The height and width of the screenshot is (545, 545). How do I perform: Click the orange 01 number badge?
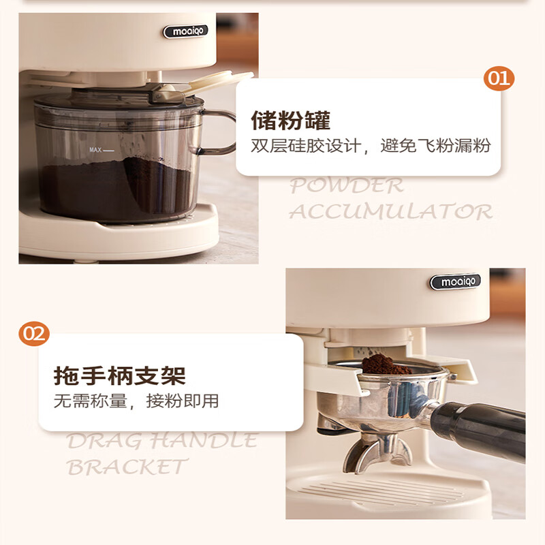[499, 78]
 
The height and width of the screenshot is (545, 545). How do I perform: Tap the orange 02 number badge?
[33, 334]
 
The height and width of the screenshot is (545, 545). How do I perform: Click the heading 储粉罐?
[290, 121]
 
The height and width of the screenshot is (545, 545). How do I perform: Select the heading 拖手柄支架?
[119, 375]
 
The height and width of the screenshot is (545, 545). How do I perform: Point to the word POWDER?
[347, 185]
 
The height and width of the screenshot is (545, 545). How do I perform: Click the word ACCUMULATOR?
[390, 211]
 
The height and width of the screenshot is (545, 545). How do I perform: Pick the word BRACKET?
[127, 467]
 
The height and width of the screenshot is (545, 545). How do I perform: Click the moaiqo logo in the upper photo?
[185, 31]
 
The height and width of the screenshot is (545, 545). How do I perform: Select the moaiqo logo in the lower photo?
[454, 281]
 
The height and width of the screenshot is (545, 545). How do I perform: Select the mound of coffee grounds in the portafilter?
[385, 365]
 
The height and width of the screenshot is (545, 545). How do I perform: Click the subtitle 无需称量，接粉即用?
[136, 401]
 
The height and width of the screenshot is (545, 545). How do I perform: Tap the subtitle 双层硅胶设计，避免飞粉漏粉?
[371, 146]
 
